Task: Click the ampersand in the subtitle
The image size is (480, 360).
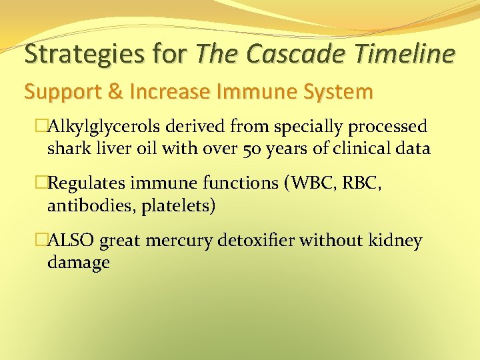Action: click(116, 92)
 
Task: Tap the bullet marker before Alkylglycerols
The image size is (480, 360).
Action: click(41, 127)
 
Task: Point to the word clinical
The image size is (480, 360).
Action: click(359, 148)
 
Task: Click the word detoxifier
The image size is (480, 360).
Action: click(258, 241)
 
